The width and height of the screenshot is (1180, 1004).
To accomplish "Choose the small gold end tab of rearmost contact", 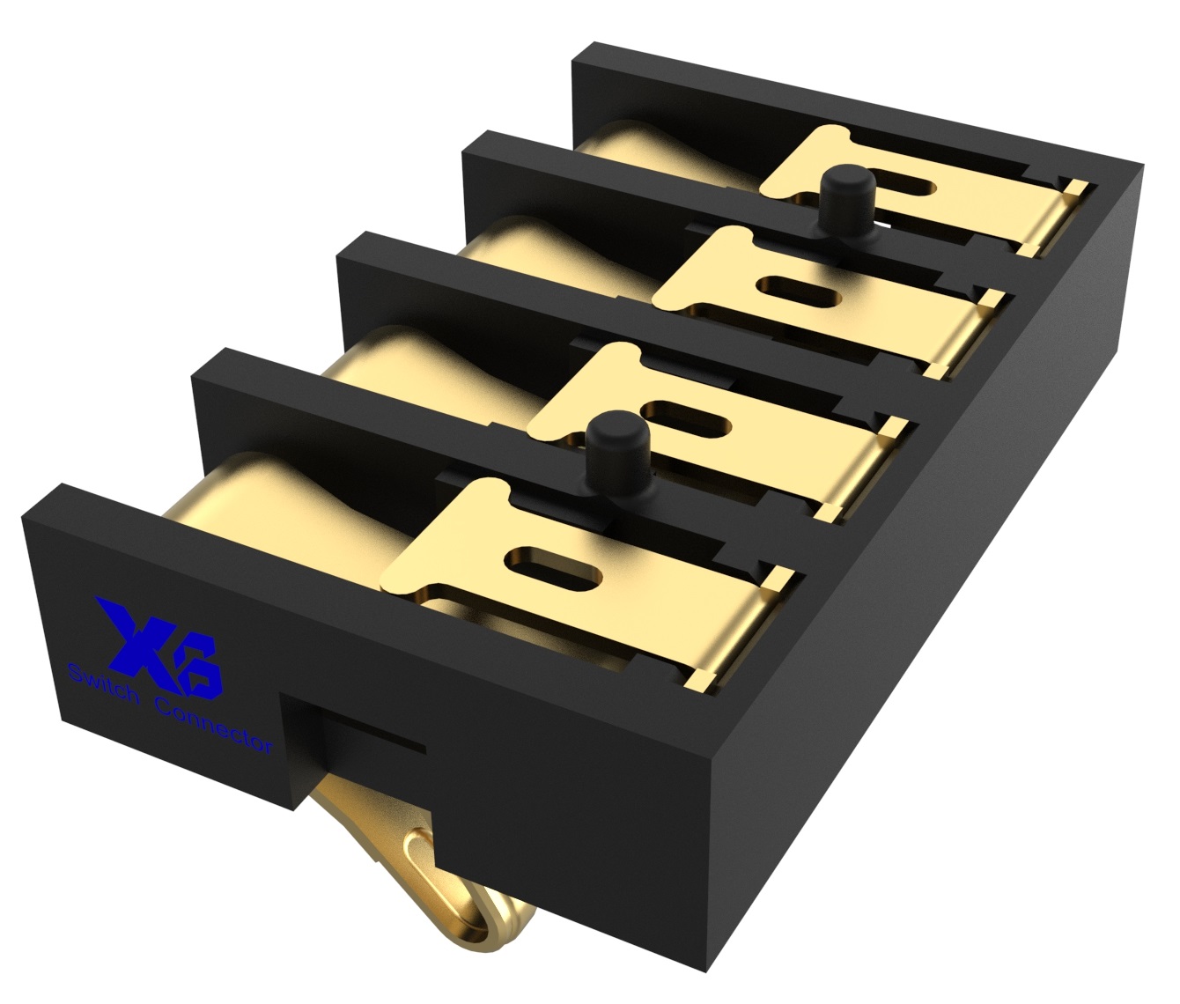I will [x=1075, y=188].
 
